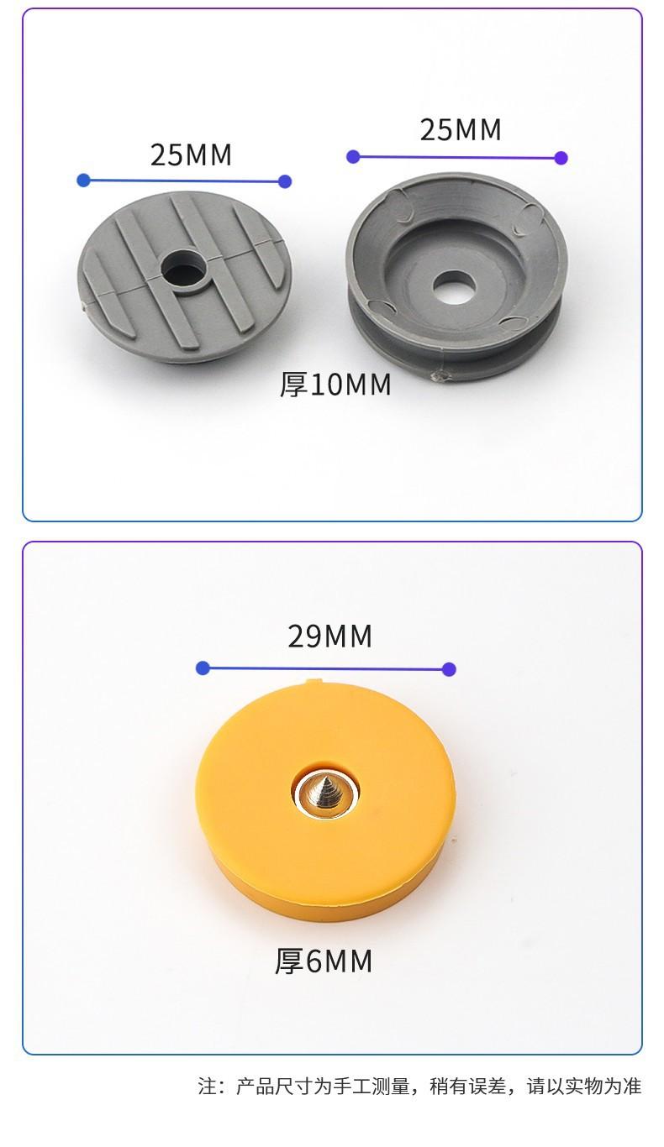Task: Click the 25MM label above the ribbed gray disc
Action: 191,155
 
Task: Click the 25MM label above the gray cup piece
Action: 461,129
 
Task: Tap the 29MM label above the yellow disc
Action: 329,636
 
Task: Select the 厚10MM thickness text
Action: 335,385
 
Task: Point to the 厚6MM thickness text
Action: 324,961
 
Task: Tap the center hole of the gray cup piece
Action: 453,285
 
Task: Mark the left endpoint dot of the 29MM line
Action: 203,668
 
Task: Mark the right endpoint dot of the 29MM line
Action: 449,668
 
